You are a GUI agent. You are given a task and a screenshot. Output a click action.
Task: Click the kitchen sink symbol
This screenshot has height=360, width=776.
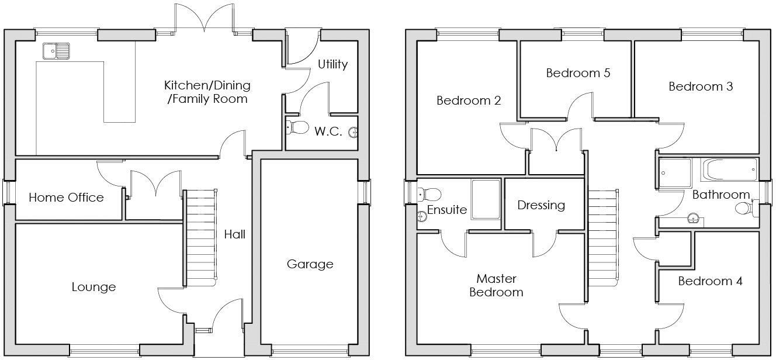click(56, 51)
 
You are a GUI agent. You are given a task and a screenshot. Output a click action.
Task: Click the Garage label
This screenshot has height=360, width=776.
click(310, 264)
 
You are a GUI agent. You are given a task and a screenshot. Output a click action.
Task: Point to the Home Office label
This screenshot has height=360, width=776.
click(66, 198)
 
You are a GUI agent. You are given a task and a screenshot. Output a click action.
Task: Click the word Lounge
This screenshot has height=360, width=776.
click(93, 287)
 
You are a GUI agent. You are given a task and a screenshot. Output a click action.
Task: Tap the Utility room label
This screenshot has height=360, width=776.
click(332, 64)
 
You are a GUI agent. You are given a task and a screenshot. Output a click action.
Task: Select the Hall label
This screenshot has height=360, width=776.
click(234, 234)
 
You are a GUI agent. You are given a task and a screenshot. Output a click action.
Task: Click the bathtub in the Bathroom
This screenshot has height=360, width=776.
click(729, 170)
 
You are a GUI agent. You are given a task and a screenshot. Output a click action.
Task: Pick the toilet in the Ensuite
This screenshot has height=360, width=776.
click(429, 193)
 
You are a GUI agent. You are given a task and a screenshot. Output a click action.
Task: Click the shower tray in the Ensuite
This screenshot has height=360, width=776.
click(486, 199)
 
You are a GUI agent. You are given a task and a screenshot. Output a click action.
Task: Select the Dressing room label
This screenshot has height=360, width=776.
click(541, 205)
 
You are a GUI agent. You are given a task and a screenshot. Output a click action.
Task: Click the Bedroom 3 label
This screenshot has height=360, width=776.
click(701, 86)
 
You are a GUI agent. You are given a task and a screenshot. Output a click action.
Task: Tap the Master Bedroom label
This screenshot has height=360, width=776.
click(496, 285)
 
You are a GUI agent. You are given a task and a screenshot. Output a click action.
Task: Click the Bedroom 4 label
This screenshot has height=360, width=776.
click(710, 281)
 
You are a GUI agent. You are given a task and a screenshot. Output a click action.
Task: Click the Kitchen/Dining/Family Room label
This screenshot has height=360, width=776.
click(207, 92)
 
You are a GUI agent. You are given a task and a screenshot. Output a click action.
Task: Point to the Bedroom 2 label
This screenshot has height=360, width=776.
click(469, 101)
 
